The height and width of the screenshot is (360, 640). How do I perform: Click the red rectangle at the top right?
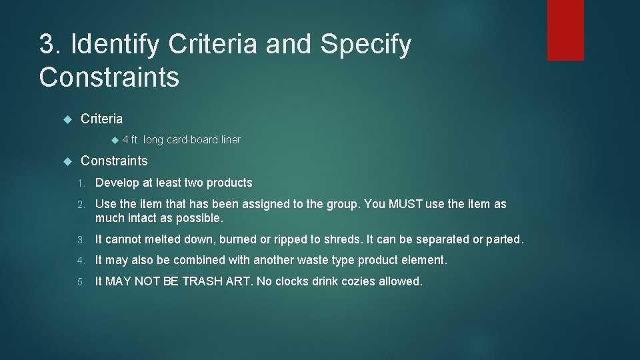click(565, 30)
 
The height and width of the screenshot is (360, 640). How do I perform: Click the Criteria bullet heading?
click(101, 119)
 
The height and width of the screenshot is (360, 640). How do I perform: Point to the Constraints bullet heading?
click(114, 161)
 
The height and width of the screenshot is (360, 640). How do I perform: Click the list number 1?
click(80, 183)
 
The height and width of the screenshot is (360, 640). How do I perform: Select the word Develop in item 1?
click(117, 183)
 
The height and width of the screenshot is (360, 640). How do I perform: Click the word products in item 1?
click(229, 183)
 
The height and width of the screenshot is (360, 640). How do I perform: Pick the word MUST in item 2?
click(407, 204)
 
